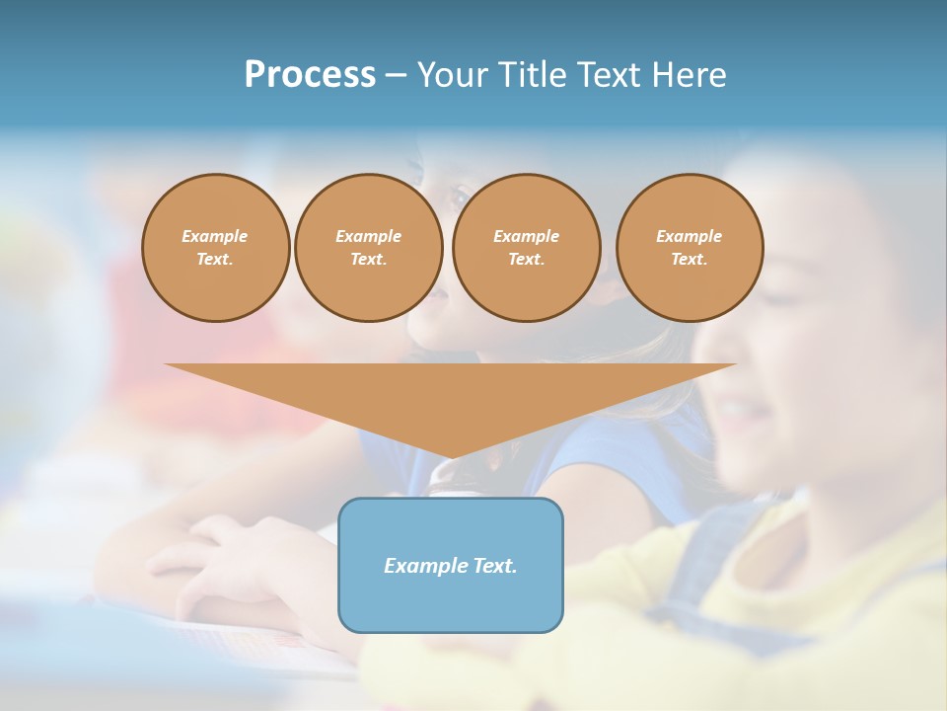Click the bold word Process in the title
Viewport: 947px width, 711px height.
point(310,75)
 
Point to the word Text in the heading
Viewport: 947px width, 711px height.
point(618,75)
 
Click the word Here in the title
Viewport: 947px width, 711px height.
point(694,75)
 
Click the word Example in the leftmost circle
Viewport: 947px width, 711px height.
point(215,236)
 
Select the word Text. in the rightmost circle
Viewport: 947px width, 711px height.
point(690,259)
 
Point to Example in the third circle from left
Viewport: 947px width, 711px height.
point(527,236)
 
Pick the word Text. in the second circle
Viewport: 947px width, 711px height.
point(369,259)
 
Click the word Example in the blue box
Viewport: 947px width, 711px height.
point(422,566)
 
